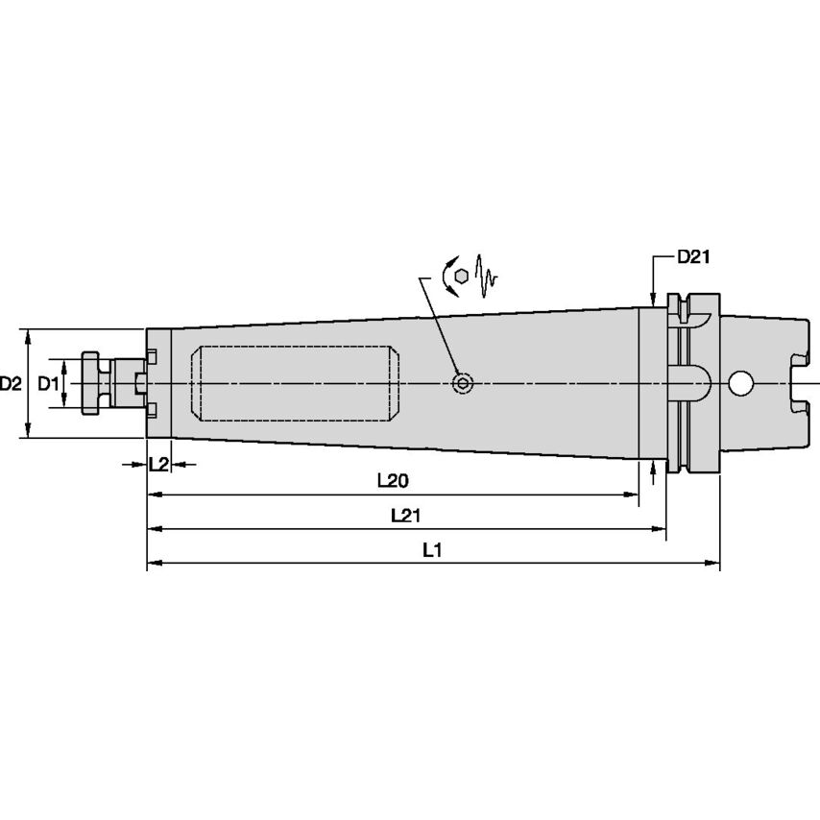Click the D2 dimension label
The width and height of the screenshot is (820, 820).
coord(11,384)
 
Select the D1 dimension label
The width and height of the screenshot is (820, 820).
coord(48,384)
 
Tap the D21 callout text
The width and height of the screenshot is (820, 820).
coord(692,256)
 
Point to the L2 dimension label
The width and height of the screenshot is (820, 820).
coord(158,464)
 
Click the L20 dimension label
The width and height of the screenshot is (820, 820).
coord(392,479)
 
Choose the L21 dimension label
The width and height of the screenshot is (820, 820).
coord(406,515)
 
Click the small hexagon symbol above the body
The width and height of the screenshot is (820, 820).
coord(463,275)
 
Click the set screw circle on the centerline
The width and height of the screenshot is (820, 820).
coord(463,384)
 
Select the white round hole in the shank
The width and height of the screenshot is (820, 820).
coord(740,383)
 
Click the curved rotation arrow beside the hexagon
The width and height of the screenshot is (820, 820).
coord(447,275)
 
